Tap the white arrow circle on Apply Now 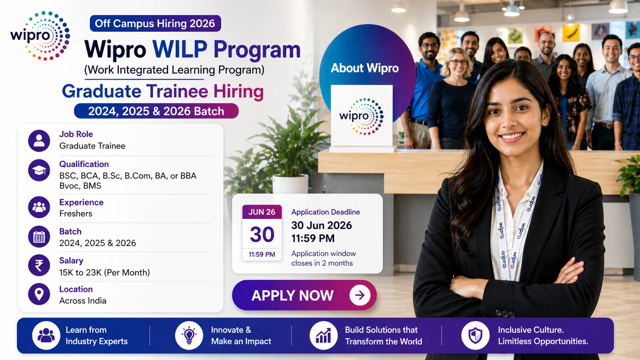point(359,295)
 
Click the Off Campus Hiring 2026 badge point(155,23)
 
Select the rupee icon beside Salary point(39,265)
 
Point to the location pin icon point(39,294)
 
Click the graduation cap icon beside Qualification point(39,170)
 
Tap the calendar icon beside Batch point(39,237)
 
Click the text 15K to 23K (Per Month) point(104,272)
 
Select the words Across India point(83,301)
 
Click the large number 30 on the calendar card point(262,234)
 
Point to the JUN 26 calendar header point(262,212)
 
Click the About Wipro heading point(364,68)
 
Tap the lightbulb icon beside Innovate point(189,336)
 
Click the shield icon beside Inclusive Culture point(475,336)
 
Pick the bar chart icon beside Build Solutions point(323,336)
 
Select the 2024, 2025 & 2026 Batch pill point(156,111)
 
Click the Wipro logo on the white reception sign point(361,116)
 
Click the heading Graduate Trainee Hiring point(163,91)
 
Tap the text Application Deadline point(325,212)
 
